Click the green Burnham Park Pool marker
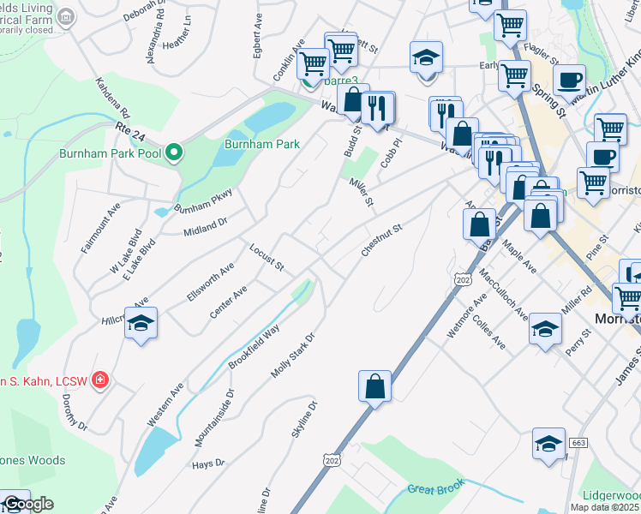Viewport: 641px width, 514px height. pos(175,153)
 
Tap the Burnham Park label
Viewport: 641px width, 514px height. pos(262,144)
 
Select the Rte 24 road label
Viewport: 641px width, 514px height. pos(126,128)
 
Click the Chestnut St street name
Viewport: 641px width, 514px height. pos(382,236)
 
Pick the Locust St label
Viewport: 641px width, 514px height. pos(266,257)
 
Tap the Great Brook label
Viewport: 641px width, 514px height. pos(436,486)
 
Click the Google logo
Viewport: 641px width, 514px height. pos(28,504)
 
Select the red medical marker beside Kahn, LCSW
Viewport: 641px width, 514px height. pos(100,379)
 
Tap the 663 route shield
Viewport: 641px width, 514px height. pos(578,442)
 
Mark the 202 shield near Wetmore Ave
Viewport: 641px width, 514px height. pos(463,279)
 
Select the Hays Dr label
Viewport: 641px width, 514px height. pos(208,463)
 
